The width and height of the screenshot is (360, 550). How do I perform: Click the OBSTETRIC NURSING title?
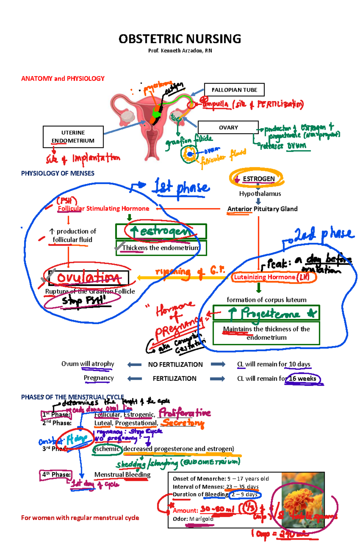click(180, 39)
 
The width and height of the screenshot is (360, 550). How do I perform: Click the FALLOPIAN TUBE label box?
click(234, 90)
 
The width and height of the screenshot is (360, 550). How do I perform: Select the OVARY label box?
click(228, 127)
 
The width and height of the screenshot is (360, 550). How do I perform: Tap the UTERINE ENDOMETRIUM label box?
click(73, 137)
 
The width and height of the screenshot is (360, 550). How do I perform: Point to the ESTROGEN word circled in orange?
click(258, 179)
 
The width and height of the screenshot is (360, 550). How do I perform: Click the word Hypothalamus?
click(260, 194)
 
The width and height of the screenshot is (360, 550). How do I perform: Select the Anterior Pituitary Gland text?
click(262, 209)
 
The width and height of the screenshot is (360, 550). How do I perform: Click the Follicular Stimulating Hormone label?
click(103, 209)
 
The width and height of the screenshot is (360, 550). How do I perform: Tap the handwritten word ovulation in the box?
click(89, 278)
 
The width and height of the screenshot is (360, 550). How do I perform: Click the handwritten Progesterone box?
click(266, 313)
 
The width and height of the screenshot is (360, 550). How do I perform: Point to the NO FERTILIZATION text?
click(175, 364)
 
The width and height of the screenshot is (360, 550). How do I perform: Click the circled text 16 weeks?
click(302, 379)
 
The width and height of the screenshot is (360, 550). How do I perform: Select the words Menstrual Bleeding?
click(122, 474)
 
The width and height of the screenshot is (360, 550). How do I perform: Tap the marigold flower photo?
click(303, 499)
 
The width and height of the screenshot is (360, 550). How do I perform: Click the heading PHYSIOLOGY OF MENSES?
click(58, 173)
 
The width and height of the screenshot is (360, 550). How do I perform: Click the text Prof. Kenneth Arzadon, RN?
click(180, 51)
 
